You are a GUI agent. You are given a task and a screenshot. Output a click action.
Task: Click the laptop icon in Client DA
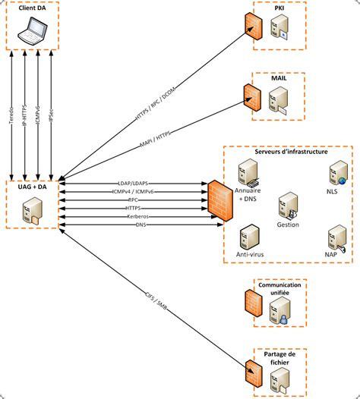click(x=33, y=31)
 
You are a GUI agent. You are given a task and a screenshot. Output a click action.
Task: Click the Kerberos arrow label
click(x=137, y=216)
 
